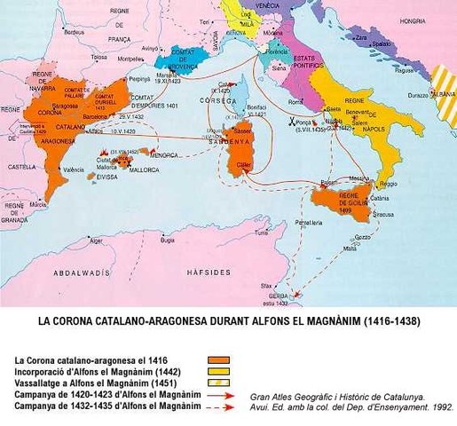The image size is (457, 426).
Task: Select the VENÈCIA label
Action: [x=267, y=5]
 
